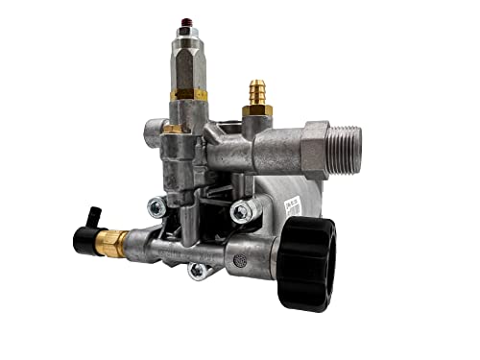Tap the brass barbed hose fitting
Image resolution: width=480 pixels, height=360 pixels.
(256, 92)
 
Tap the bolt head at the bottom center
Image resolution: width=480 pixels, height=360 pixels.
(198, 271)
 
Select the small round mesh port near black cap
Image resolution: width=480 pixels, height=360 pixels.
(240, 260)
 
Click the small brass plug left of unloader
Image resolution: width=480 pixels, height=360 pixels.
(171, 126)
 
